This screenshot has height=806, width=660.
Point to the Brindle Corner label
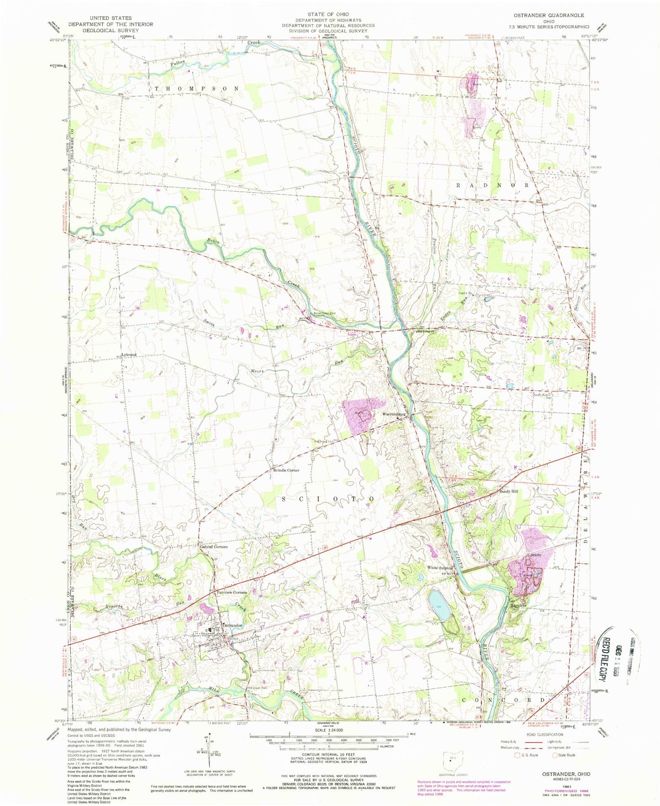click(286, 470)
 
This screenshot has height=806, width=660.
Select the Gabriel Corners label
click(213, 547)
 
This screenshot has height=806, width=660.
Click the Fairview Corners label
click(232, 592)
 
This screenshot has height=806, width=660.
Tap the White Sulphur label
click(439, 568)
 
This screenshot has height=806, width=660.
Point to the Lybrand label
click(129, 355)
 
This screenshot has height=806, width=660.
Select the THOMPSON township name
click(197, 88)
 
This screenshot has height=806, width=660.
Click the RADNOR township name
click(492, 185)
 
